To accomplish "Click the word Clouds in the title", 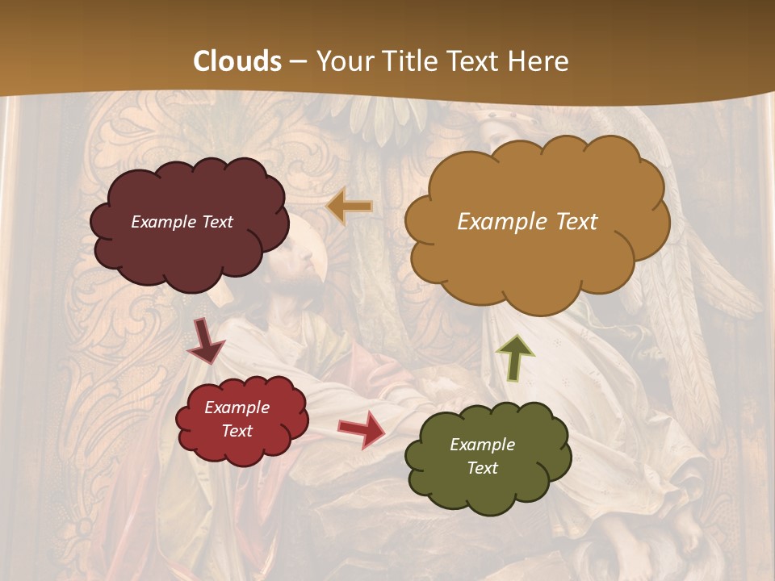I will [x=237, y=61].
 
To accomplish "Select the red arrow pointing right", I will [x=362, y=428].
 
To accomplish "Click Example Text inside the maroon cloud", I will [x=182, y=222].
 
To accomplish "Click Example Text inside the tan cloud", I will [x=527, y=222].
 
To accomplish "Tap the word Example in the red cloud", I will [x=237, y=408].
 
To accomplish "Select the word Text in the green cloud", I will [x=482, y=468].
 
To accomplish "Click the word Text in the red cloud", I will [x=237, y=431].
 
